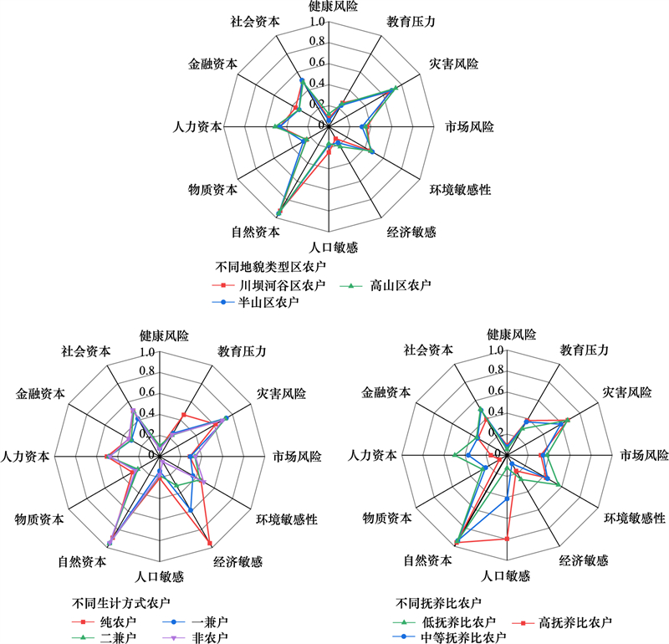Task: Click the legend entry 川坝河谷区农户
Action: [268, 285]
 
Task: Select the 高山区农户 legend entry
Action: [386, 285]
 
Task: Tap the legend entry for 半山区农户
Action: [256, 302]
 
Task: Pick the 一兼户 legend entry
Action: [195, 621]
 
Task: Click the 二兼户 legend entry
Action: [104, 637]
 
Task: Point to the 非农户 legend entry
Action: [195, 637]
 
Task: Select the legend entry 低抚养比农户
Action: [444, 622]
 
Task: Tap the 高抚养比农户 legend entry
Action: [561, 622]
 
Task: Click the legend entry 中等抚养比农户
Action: [449, 637]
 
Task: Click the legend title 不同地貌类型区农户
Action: [270, 267]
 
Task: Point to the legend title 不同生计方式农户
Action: [120, 603]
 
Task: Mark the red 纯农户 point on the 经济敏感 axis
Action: [210, 543]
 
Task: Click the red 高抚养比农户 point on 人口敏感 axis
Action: [507, 539]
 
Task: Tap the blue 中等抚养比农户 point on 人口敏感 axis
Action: [507, 498]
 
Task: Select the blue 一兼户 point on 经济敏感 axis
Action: [191, 510]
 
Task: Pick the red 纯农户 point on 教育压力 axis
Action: [184, 414]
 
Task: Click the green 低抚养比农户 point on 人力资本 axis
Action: [454, 455]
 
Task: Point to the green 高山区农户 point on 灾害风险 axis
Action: [396, 88]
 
